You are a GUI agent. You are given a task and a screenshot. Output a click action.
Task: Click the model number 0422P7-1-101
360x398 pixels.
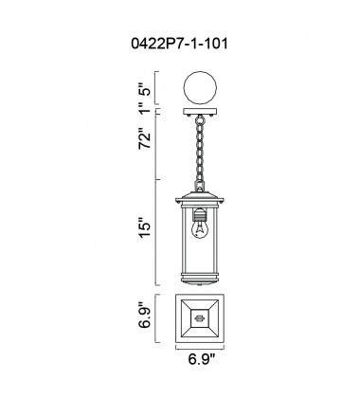point(179,44)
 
